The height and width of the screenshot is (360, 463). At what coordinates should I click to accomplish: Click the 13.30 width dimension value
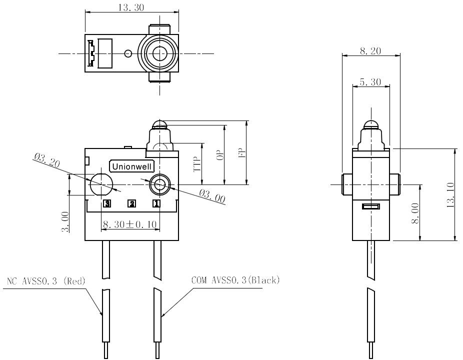coord(131,7)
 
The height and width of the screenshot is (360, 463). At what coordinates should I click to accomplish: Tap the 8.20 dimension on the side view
coord(370,51)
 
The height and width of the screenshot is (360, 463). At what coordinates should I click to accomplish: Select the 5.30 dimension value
coord(370,82)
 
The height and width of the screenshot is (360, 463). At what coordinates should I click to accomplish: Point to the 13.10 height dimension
coord(450,195)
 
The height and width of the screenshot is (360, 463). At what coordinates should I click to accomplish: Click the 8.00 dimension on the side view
coord(415,213)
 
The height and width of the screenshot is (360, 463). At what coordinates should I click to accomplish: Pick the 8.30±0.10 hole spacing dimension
coord(129,224)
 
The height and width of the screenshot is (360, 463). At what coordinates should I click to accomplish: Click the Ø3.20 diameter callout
coord(47,160)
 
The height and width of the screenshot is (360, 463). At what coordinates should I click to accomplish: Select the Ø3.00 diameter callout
coord(212,196)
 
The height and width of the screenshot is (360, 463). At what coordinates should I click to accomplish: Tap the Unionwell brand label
coord(131,166)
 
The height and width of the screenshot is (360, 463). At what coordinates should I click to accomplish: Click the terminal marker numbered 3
coord(107,203)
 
